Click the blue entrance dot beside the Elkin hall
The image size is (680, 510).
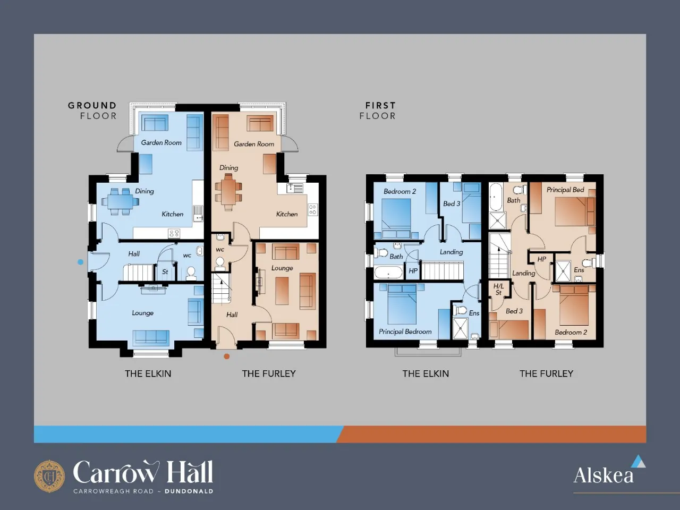click(x=81, y=262)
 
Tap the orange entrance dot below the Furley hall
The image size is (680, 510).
click(x=227, y=356)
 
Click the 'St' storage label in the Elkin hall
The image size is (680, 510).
click(x=165, y=272)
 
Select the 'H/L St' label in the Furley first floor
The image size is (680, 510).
click(x=498, y=289)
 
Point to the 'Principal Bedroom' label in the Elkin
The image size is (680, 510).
click(x=405, y=331)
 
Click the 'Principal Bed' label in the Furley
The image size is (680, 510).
click(x=565, y=190)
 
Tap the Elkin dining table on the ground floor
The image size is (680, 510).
click(x=120, y=201)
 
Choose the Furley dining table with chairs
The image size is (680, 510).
click(x=228, y=192)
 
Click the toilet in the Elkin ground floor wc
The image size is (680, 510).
click(x=191, y=273)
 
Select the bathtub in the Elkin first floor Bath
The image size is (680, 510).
click(x=388, y=273)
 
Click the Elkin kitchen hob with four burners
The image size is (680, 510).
click(x=174, y=233)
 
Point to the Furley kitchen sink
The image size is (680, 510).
click(x=295, y=188)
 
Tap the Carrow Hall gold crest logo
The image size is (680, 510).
click(x=49, y=476)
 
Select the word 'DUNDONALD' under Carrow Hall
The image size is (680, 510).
click(x=189, y=491)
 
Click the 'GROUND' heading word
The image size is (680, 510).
click(x=92, y=106)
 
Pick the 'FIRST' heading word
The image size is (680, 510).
click(x=380, y=106)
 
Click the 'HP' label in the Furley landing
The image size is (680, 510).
click(x=541, y=259)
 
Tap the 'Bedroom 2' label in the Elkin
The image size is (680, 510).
click(x=399, y=191)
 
